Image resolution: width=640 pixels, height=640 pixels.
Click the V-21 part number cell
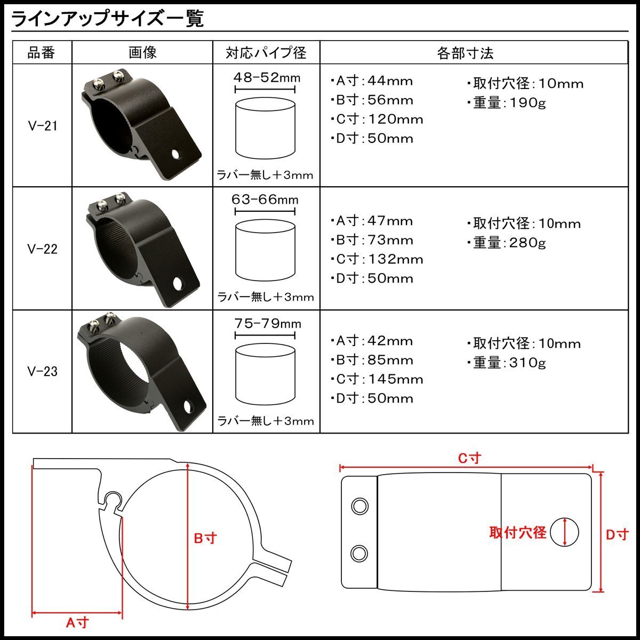[43, 126]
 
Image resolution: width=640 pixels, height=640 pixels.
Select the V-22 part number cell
[43, 249]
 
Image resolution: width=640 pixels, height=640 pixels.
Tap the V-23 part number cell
[43, 371]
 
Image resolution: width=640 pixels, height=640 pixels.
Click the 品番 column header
[41, 53]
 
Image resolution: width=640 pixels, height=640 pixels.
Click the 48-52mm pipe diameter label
[267, 78]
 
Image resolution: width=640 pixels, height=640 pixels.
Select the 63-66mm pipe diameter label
[265, 199]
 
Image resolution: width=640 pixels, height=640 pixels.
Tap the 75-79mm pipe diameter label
[268, 324]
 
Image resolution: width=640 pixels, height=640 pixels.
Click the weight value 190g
[527, 103]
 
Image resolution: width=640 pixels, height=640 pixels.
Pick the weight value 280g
[527, 243]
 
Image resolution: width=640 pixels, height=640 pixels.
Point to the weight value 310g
[527, 363]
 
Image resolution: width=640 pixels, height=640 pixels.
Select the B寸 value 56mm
[390, 100]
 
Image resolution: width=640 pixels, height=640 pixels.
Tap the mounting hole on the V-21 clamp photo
[175, 154]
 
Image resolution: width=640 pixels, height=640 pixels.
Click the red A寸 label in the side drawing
[77, 622]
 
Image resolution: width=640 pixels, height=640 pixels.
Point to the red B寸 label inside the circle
[205, 538]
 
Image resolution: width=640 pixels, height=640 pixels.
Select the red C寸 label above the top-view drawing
[470, 458]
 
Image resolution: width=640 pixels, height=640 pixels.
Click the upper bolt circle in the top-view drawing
[359, 507]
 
